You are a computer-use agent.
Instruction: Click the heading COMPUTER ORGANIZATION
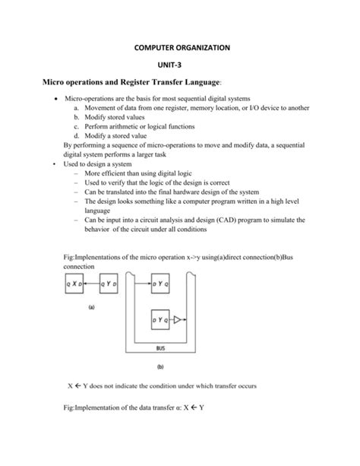coord(181,48)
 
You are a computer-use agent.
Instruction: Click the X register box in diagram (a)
coord(75,283)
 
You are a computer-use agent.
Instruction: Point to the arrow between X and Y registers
coord(92,283)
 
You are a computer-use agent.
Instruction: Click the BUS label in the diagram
coord(160,350)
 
